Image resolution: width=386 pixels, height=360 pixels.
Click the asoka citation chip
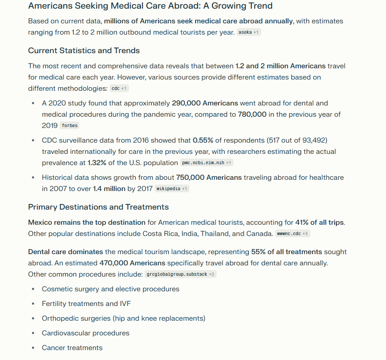(x=249, y=32)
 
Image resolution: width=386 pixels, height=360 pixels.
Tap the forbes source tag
(x=69, y=126)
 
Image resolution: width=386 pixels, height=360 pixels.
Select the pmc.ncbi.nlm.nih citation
(x=207, y=163)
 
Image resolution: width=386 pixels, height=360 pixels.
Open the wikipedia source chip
(x=171, y=189)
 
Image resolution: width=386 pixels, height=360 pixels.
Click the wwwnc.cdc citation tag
(x=293, y=234)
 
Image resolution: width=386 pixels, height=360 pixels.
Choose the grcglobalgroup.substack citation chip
(x=180, y=274)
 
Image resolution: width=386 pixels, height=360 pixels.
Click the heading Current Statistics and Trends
(x=84, y=51)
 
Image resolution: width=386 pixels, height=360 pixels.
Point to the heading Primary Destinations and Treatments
(x=98, y=207)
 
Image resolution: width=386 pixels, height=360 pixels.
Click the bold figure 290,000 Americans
(x=205, y=103)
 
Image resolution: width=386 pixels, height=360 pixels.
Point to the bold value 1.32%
(x=97, y=163)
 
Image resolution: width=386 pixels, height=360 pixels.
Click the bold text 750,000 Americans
(x=209, y=178)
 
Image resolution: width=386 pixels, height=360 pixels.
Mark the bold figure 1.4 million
(x=109, y=189)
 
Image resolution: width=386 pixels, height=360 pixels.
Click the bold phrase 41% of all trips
(x=320, y=223)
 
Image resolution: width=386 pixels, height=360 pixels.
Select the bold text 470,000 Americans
(x=132, y=263)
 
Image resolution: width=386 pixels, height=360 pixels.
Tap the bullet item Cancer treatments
(x=72, y=348)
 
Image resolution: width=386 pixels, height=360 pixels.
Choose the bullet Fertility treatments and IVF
(x=86, y=304)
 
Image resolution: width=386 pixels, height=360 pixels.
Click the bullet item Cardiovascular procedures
(x=85, y=333)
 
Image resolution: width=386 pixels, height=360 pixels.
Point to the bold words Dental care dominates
(x=66, y=252)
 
